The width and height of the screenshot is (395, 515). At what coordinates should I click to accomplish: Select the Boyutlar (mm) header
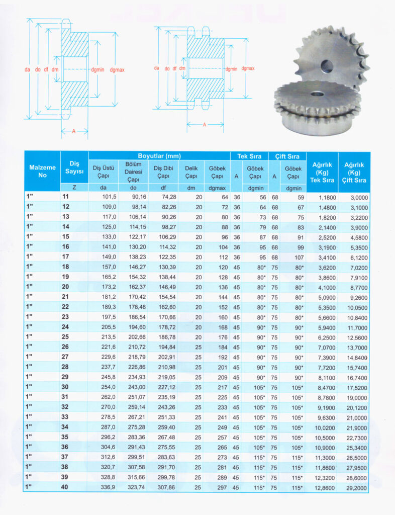[x=159, y=156]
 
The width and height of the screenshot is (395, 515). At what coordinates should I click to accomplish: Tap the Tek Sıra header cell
[x=249, y=156]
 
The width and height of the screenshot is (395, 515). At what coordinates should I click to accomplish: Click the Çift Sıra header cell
[x=287, y=156]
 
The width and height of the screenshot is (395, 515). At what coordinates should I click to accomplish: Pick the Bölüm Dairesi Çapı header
[x=133, y=172]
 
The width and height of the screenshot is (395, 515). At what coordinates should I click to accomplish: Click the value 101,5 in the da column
[x=109, y=197]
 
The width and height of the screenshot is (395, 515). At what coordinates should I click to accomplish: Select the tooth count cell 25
[x=66, y=336]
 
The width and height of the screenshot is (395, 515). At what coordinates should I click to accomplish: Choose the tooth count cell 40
[x=66, y=487]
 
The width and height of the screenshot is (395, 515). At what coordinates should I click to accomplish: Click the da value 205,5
[x=109, y=326]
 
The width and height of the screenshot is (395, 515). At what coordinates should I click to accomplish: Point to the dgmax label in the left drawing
[x=115, y=70]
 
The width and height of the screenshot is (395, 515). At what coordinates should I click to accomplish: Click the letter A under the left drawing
[x=73, y=131]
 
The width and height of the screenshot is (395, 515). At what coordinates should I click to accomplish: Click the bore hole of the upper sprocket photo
[x=327, y=65]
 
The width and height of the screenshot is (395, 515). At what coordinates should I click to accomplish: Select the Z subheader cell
[x=74, y=187]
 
